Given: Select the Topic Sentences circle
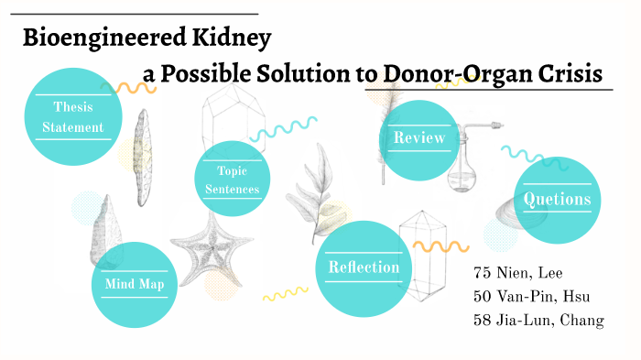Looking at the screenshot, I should (238, 180).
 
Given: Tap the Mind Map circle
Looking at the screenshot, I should (136, 284).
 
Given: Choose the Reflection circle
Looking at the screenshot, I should (363, 267).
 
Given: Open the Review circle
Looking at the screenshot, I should (418, 139).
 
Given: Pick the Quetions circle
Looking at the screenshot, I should (557, 199).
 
